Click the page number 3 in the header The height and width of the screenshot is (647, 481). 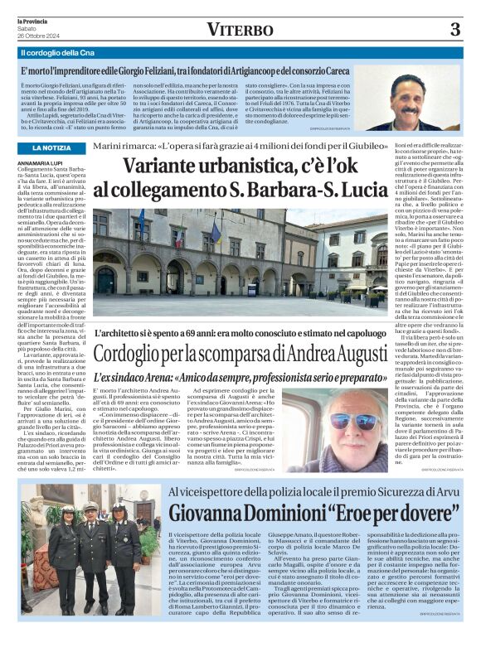pos(455,30)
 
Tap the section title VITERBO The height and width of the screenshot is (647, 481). pos(240,31)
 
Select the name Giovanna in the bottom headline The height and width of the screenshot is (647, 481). pos(206,514)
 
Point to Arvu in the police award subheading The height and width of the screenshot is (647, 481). pos(445,492)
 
